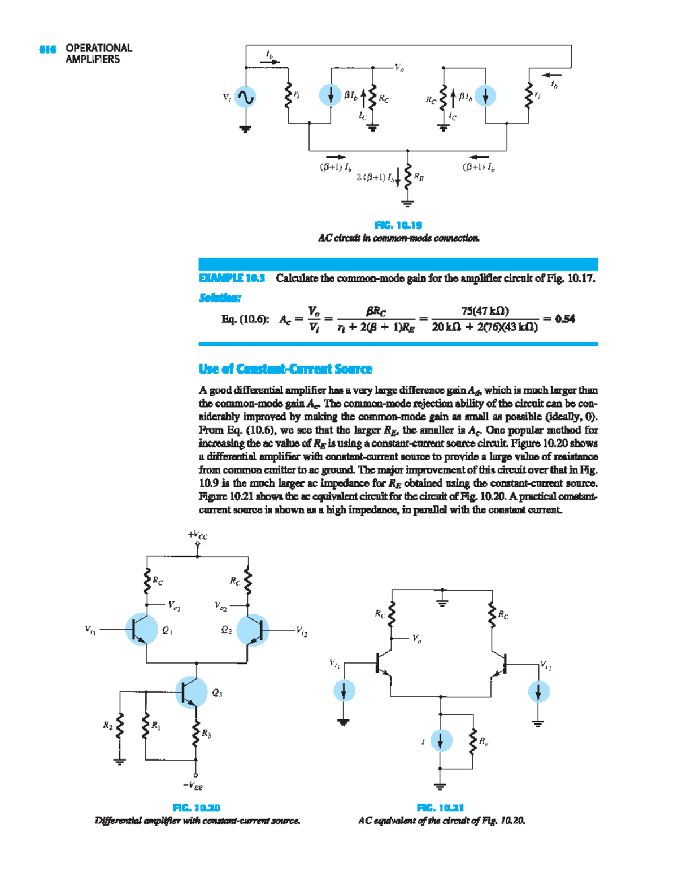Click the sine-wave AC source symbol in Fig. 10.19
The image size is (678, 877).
pos(245,97)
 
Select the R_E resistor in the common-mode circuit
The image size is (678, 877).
pos(408,177)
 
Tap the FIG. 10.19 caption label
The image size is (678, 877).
pos(398,225)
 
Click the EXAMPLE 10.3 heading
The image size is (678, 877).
pos(232,278)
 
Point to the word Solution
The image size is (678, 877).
pos(220,298)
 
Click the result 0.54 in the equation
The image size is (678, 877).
pos(564,319)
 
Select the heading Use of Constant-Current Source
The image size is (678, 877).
pos(285,369)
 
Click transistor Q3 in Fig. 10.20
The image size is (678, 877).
pos(191,692)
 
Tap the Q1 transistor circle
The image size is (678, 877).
pos(141,629)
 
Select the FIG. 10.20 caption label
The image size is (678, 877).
pos(196,808)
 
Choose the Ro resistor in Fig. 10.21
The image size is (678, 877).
pos(472,741)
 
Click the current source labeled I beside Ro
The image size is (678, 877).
pos(441,741)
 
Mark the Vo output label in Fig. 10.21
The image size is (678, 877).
pos(416,639)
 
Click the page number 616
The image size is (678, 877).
pos(47,49)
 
